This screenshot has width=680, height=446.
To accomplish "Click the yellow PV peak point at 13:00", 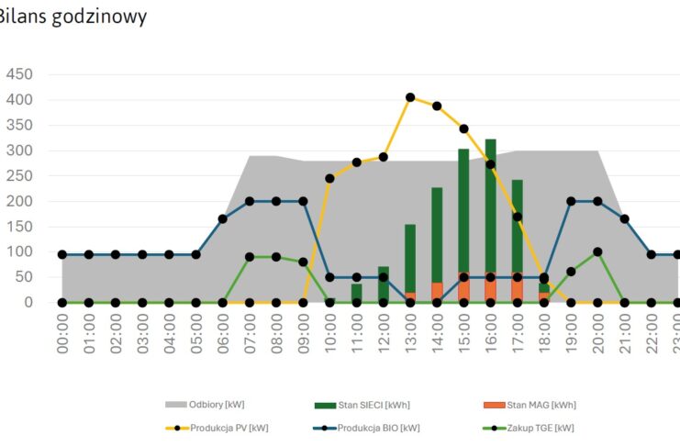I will pyautogui.click(x=410, y=97).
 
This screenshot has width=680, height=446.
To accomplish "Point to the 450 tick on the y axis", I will pyautogui.click(x=19, y=74).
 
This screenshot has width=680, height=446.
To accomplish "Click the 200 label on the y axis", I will pyautogui.click(x=19, y=201).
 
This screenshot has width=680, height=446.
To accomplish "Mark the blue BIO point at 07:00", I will pyautogui.click(x=250, y=201).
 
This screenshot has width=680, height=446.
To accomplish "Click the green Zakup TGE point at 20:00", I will pyautogui.click(x=597, y=251).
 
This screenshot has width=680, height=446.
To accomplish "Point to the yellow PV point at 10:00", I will pyautogui.click(x=329, y=178).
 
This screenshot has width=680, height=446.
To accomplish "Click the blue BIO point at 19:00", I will pyautogui.click(x=571, y=201).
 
